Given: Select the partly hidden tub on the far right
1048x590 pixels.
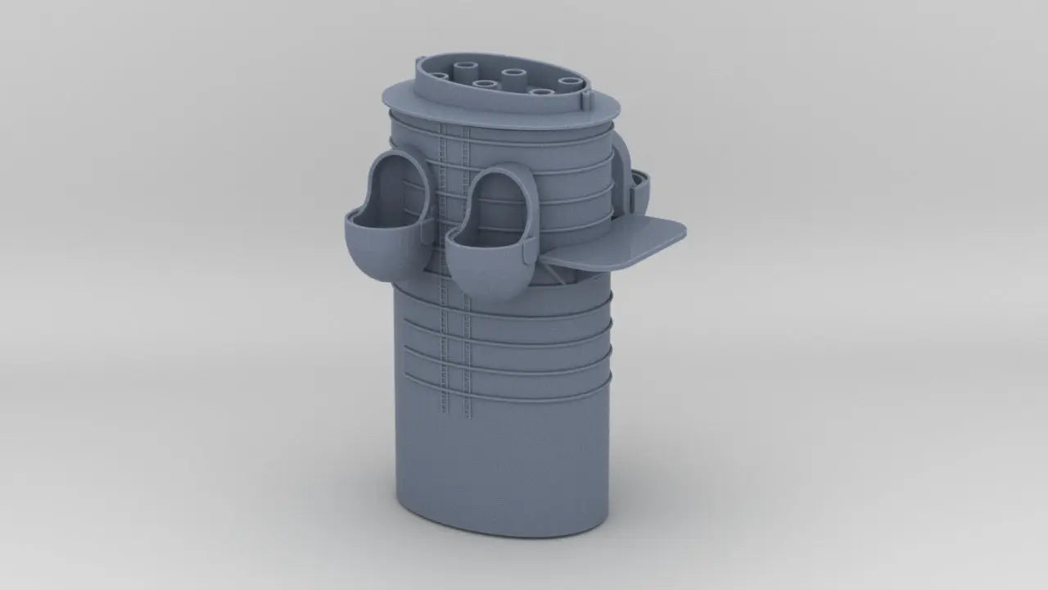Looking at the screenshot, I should pyautogui.click(x=639, y=190).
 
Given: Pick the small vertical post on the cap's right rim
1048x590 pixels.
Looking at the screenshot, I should pyautogui.click(x=586, y=100).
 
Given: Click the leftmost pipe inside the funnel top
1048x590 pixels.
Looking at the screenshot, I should pyautogui.click(x=440, y=78).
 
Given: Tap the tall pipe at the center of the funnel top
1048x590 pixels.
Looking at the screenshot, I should pyautogui.click(x=513, y=76).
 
